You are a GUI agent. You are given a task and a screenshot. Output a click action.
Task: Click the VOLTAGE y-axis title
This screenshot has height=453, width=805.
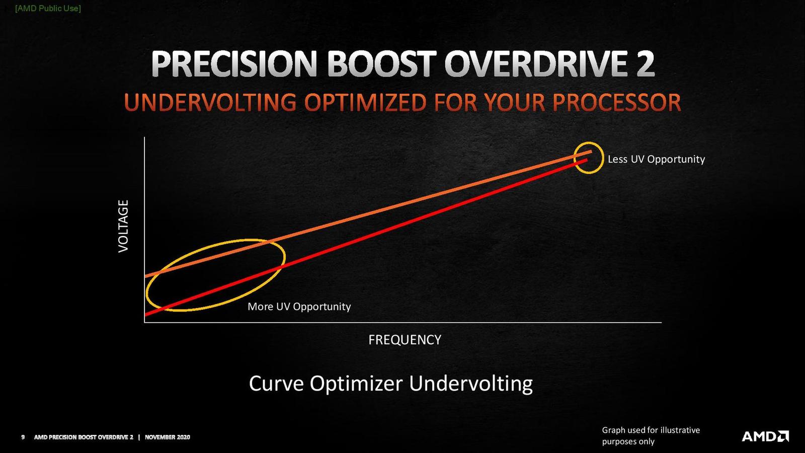[123, 226]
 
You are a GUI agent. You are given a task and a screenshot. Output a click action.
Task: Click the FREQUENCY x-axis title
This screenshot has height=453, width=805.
[405, 340]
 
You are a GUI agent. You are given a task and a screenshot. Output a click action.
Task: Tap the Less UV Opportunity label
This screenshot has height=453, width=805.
[656, 159]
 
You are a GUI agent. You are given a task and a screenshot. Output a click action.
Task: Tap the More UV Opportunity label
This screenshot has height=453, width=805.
[299, 307]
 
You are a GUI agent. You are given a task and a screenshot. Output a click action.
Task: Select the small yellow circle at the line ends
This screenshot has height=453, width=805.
[589, 158]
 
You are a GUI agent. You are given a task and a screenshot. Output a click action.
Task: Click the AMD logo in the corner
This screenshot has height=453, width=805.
[765, 436]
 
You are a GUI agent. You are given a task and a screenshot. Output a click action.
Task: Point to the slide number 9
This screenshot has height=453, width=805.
[23, 437]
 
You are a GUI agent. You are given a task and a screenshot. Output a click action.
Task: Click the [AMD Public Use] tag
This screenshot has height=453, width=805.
[48, 8]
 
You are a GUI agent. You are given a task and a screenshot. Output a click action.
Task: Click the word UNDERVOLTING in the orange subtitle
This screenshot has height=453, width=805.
[210, 103]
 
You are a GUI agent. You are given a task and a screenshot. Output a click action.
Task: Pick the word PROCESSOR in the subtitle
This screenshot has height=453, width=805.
[616, 103]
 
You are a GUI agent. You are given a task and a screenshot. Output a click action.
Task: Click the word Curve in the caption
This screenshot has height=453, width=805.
[275, 384]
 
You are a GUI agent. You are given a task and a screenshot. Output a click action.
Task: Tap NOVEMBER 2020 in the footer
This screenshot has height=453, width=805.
[168, 437]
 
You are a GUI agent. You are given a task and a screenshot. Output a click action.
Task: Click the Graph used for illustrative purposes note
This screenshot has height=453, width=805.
[651, 435]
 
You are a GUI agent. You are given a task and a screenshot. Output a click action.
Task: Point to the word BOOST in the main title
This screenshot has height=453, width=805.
[382, 64]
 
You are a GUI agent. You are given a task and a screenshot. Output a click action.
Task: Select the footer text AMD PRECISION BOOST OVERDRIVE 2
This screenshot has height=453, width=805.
[84, 437]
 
